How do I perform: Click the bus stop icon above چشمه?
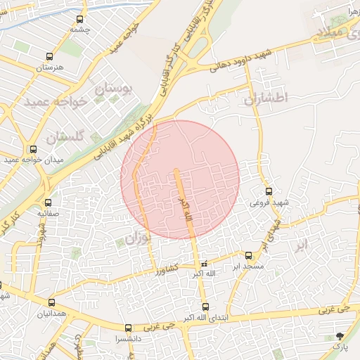[x=79, y=20]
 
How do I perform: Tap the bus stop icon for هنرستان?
[x=49, y=56]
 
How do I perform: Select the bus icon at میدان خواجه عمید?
[x=33, y=149]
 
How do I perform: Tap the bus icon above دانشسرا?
[x=127, y=328]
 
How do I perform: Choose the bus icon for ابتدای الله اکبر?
[x=205, y=307]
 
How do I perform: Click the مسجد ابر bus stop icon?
[x=249, y=256]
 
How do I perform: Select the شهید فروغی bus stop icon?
[x=269, y=191]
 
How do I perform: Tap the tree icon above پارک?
[x=341, y=336]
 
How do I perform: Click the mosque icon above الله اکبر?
[x=205, y=264]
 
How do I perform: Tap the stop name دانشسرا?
[x=127, y=338]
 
